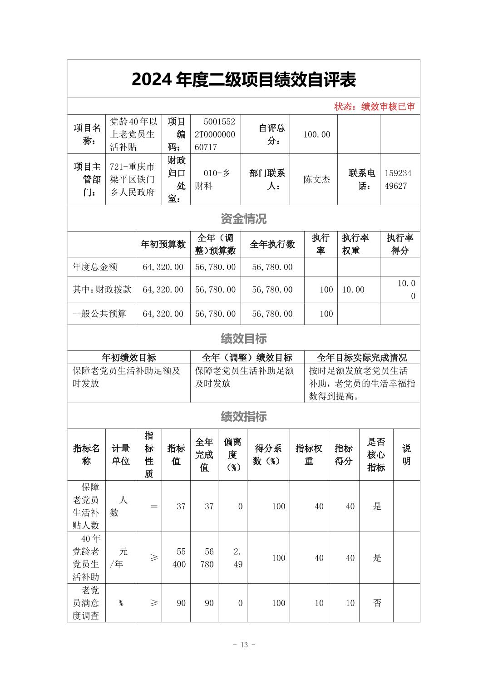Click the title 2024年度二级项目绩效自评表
click(244, 79)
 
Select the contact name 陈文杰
click(316, 179)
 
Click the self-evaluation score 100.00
click(316, 134)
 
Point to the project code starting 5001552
click(215, 134)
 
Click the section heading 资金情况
click(244, 219)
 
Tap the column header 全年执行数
click(272, 244)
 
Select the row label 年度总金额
click(95, 267)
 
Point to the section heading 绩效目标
click(244, 338)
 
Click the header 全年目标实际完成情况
click(361, 358)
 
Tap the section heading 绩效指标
click(244, 416)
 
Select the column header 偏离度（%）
click(232, 454)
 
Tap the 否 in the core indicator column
click(377, 603)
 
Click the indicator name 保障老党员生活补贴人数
click(90, 506)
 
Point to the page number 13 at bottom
click(244, 645)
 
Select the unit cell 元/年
click(120, 558)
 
